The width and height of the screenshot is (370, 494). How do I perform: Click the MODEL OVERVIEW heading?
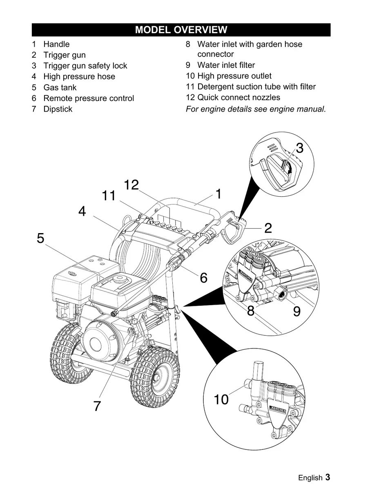tap(181, 30)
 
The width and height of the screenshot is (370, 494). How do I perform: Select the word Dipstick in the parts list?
tap(58, 109)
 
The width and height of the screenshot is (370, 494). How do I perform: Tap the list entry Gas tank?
tap(60, 88)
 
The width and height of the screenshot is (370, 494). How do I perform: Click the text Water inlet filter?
tap(226, 65)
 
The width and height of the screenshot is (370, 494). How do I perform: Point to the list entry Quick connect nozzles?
tap(238, 98)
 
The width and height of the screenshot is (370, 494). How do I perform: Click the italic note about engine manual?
tap(256, 109)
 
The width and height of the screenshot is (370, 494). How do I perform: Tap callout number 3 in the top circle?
tap(299, 148)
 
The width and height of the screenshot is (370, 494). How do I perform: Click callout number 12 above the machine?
tap(132, 185)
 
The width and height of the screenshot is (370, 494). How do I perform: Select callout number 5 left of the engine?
tap(40, 238)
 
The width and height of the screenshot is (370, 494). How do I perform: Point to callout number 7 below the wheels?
tap(97, 406)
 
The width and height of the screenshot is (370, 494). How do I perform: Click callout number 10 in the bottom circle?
tap(221, 400)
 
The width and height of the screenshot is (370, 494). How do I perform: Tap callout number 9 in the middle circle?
tap(297, 312)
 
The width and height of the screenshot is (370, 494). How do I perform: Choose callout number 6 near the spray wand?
tap(203, 278)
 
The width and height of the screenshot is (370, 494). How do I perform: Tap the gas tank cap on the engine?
tap(119, 281)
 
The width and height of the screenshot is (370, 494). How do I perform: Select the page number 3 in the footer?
tap(328, 478)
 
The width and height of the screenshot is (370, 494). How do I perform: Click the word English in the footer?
tap(310, 478)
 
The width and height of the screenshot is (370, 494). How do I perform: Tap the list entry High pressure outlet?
tap(234, 76)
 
